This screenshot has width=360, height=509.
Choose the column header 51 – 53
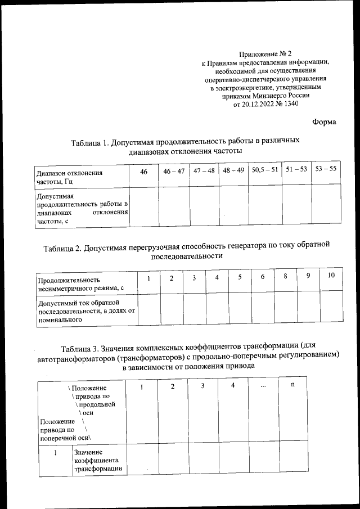click(x=296, y=169)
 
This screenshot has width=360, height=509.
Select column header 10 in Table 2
click(x=331, y=275)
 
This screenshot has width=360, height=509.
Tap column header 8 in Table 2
click(x=285, y=276)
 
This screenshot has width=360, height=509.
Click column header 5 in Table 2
click(x=239, y=277)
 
